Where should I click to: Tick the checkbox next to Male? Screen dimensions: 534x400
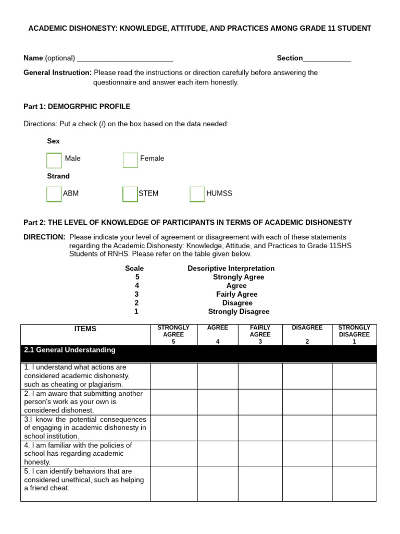pyautogui.click(x=54, y=160)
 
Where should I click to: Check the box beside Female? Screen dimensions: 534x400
pyautogui.click(x=130, y=160)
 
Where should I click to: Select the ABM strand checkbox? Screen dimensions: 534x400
pyautogui.click(x=54, y=194)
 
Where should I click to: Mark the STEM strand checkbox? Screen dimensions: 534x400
pyautogui.click(x=130, y=194)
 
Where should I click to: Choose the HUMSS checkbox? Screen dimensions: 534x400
pyautogui.click(x=197, y=194)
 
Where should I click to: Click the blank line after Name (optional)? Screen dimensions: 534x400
pyautogui.click(x=124, y=58)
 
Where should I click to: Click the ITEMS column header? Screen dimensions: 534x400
pyautogui.click(x=85, y=329)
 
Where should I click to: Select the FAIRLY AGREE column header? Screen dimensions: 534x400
pyautogui.click(x=260, y=334)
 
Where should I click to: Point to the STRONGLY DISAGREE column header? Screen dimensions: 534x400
pyautogui.click(x=354, y=334)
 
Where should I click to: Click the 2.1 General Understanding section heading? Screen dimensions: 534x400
pyautogui.click(x=70, y=350)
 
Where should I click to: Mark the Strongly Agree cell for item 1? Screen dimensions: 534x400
pyautogui.click(x=173, y=375)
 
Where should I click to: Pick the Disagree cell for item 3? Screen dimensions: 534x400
pyautogui.click(x=307, y=428)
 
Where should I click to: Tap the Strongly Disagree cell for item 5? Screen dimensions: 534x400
pyautogui.click(x=354, y=483)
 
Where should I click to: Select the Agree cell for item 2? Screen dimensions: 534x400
pyautogui.click(x=217, y=402)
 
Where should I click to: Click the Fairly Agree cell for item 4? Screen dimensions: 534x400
pyautogui.click(x=260, y=453)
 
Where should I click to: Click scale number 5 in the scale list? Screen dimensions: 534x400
pyautogui.click(x=137, y=277)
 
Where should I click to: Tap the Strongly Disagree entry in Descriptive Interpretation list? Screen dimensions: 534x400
pyautogui.click(x=239, y=311)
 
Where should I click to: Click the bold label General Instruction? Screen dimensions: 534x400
pyautogui.click(x=57, y=72)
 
